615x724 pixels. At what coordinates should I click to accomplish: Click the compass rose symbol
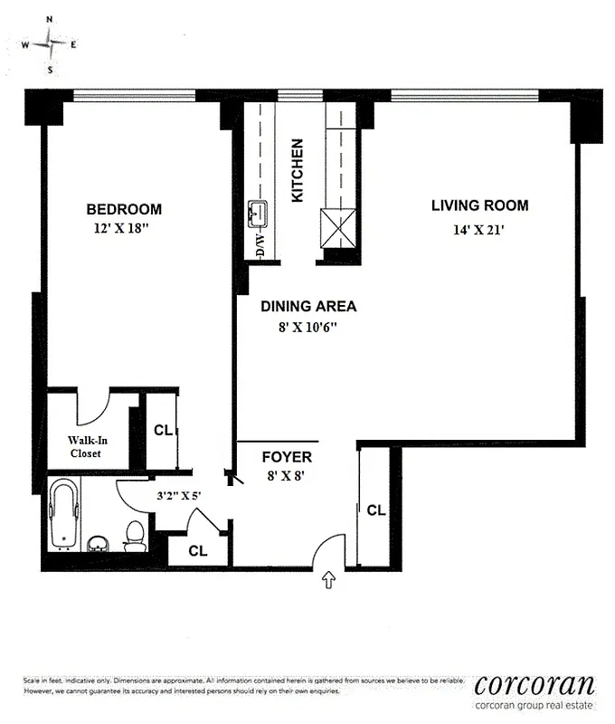pos(49,43)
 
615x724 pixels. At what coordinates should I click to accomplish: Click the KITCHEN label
pos(297,170)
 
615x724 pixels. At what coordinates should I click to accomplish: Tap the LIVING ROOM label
pos(479,205)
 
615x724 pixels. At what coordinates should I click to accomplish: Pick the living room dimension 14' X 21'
pos(478,229)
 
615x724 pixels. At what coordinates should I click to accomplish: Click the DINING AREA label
pos(308,306)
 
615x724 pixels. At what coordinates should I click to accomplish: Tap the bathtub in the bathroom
pos(64,514)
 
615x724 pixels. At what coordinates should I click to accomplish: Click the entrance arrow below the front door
pos(328,580)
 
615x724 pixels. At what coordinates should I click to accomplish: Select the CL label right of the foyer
pos(375,510)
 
